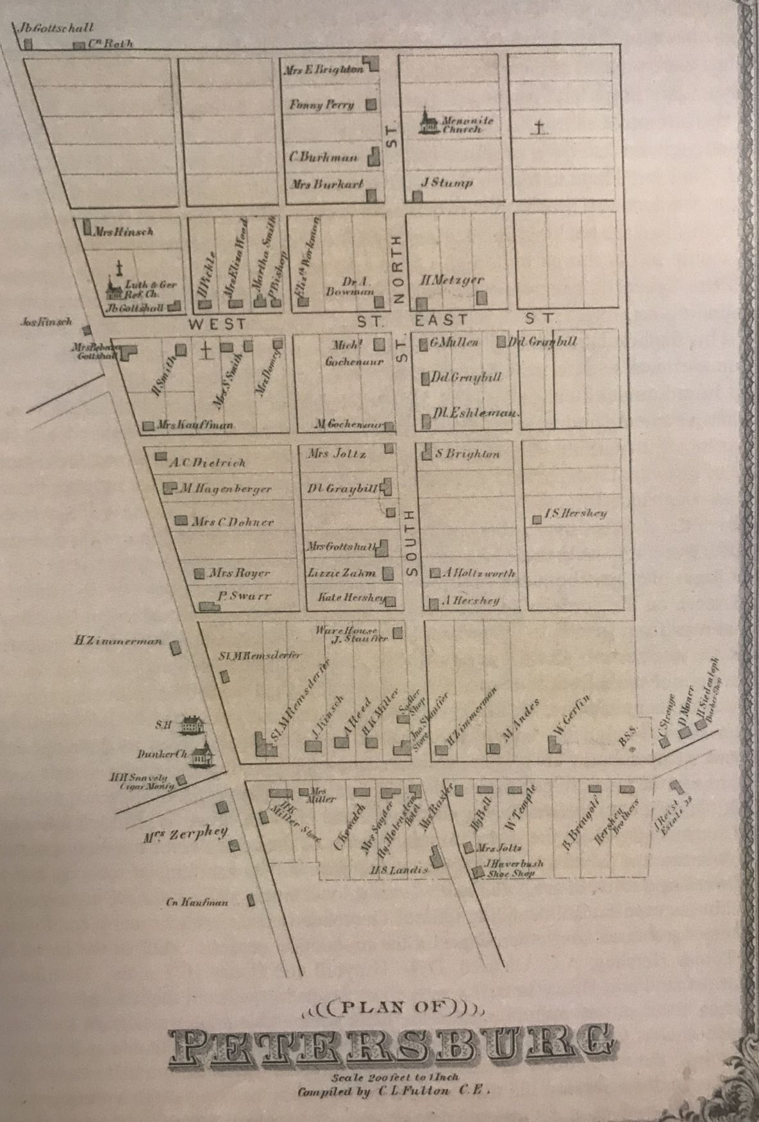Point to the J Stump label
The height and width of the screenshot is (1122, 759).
tap(447, 182)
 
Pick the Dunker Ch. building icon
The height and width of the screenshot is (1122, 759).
tap(203, 755)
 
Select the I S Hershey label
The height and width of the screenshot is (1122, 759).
tap(575, 513)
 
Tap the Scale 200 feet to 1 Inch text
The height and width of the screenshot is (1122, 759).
tap(396, 1078)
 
